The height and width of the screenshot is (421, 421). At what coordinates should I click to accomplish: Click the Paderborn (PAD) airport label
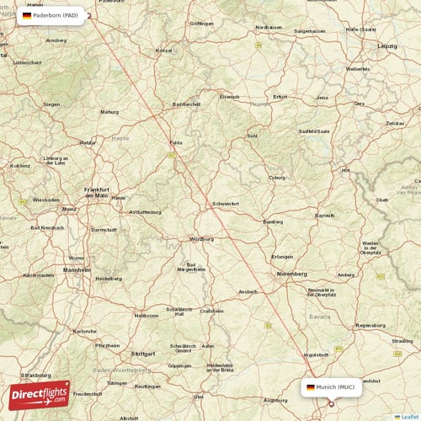[x=56, y=15]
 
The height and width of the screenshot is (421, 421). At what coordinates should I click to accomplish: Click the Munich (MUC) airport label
[x=335, y=387]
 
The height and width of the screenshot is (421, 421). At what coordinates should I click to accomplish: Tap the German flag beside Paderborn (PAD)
[x=27, y=15]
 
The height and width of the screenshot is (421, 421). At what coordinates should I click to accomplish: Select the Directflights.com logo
[x=40, y=394]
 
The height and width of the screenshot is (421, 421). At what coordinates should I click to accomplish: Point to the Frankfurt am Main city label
[x=97, y=192]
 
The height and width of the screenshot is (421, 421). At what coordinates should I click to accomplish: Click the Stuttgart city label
[x=144, y=354]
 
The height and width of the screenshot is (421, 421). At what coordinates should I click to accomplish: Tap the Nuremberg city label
[x=292, y=274]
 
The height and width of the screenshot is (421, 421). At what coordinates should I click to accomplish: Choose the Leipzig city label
[x=387, y=45]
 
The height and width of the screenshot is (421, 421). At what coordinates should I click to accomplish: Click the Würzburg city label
[x=202, y=238]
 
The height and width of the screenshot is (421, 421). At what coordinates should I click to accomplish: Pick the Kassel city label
[x=163, y=51]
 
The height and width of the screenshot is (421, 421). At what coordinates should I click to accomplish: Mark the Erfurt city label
[x=280, y=97]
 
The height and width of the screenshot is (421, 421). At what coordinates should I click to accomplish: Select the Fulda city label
[x=175, y=142]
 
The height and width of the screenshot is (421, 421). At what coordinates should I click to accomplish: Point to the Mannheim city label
[x=77, y=269]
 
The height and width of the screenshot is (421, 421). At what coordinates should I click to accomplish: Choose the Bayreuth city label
[x=324, y=216]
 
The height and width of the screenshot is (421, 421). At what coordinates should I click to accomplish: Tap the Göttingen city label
[x=202, y=24]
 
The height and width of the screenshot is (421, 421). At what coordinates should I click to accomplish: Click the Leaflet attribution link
[x=408, y=416]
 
